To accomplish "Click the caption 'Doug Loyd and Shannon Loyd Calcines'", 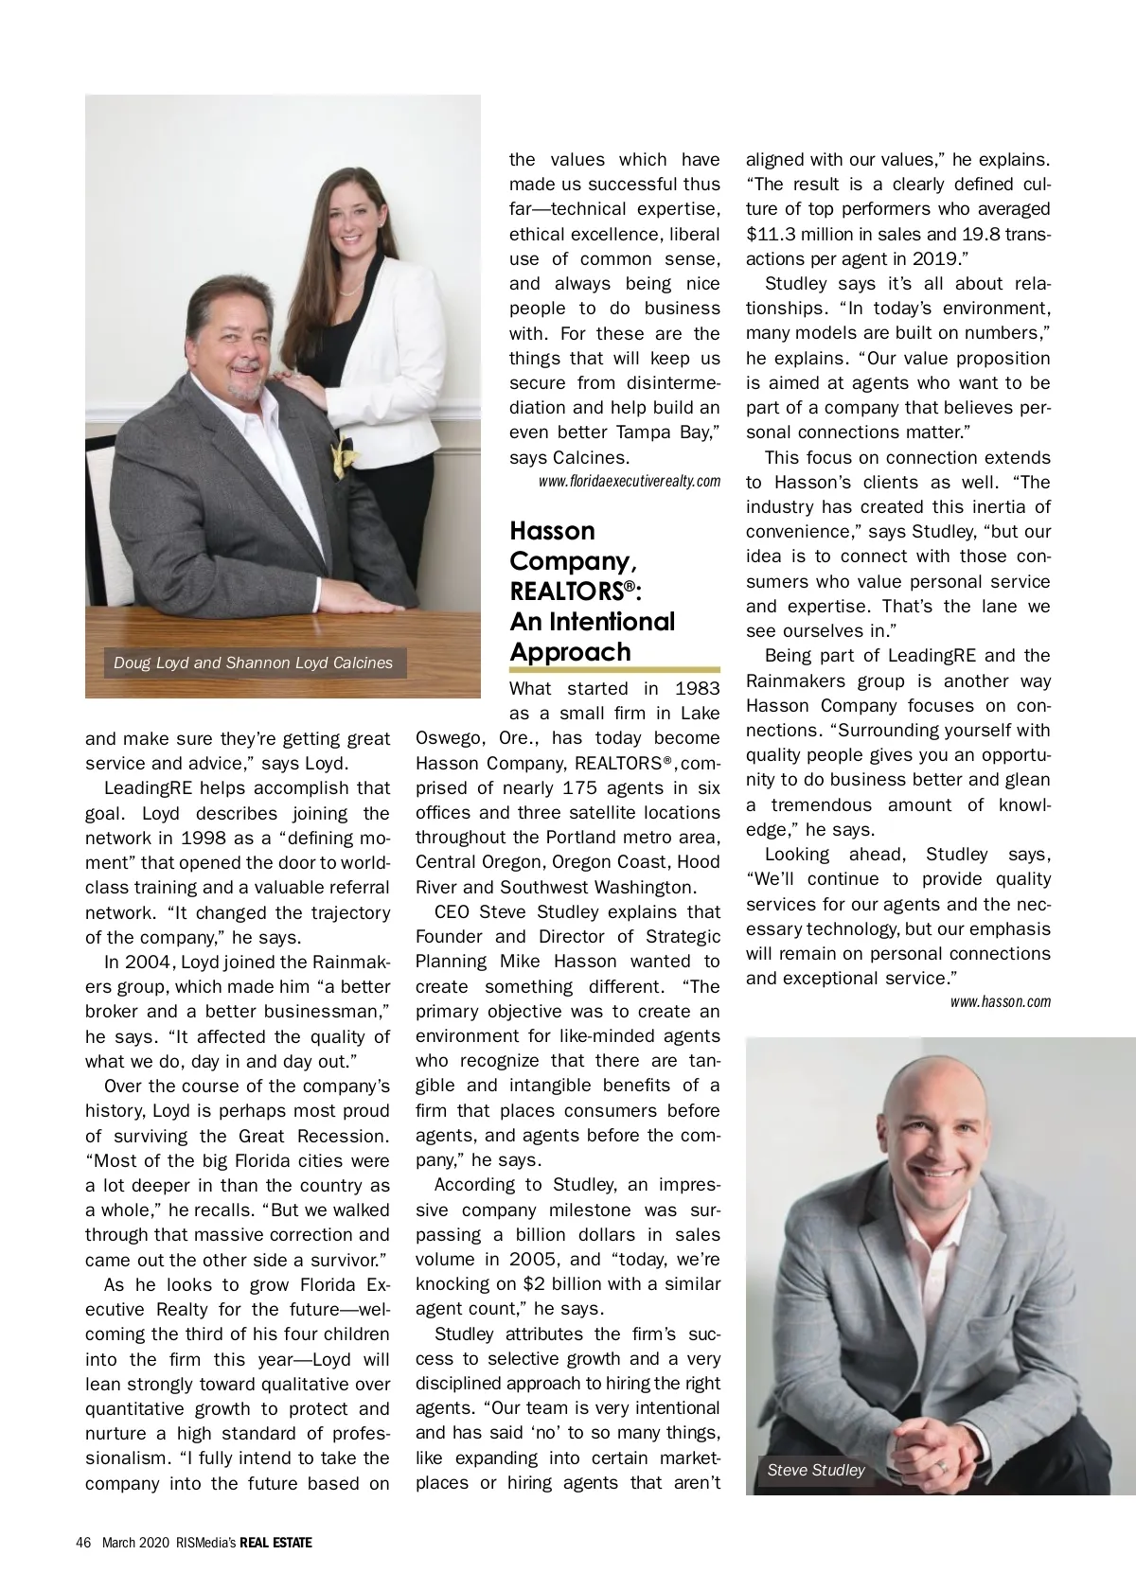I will click(253, 662).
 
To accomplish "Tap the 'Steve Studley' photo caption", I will click(816, 1470).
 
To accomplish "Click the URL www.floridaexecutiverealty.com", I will click(630, 482).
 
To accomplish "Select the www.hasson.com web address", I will click(1000, 1001).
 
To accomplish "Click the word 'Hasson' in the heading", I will click(552, 531).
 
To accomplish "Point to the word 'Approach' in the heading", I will click(570, 652).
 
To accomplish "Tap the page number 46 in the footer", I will click(82, 1543).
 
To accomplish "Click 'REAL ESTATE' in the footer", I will click(275, 1543).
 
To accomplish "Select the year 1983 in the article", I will click(697, 689).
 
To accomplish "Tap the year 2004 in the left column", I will click(148, 963).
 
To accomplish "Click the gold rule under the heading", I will click(614, 670).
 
